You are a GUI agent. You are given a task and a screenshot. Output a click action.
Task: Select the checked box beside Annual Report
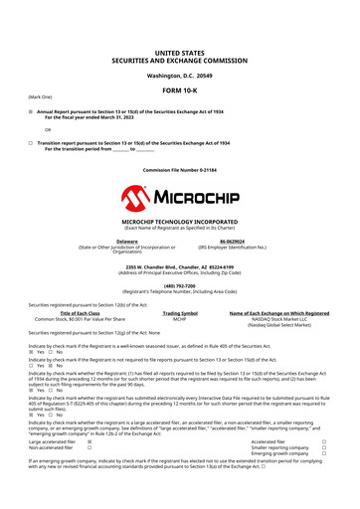31,111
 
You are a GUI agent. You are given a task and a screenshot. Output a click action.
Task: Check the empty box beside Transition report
31,143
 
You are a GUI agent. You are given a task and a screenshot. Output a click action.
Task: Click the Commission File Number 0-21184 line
179,170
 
